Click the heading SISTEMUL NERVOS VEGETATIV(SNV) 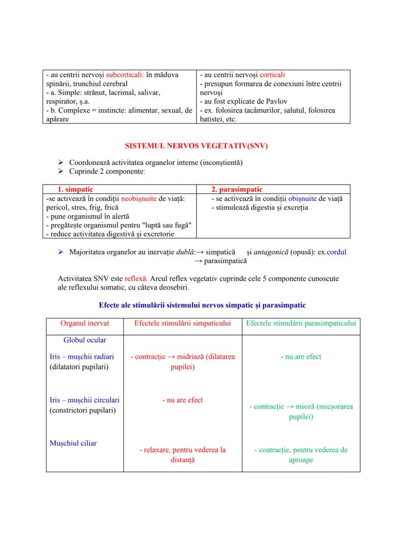coord(196,146)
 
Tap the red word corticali coord(272,75)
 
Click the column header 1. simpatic coord(73,189)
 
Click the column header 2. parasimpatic coord(237,189)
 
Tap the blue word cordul coord(337,252)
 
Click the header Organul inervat coord(84,323)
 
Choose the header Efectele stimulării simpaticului coord(183,323)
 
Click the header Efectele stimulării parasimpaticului coord(301,323)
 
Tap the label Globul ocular coord(84,340)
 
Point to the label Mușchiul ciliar coord(73,443)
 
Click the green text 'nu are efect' coord(301,357)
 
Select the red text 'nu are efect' coord(183,400)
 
